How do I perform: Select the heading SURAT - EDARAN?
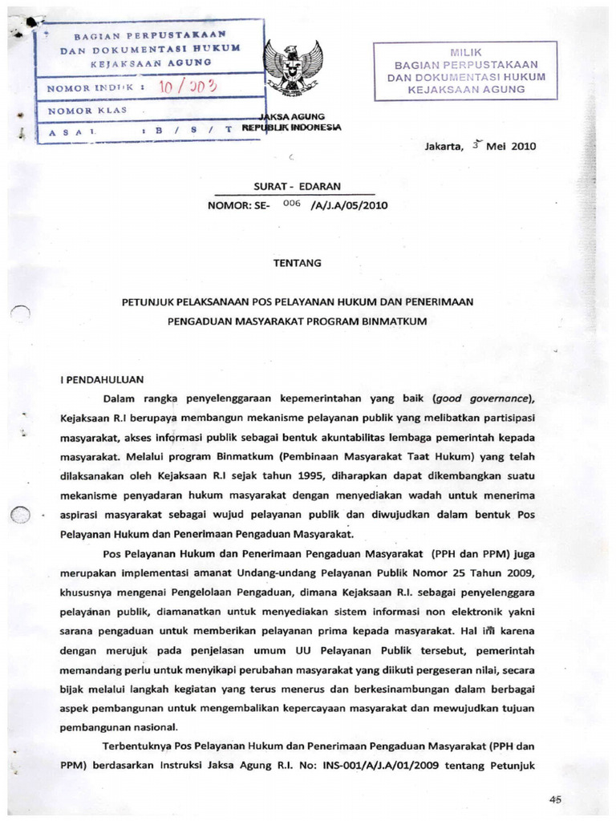pyautogui.click(x=297, y=185)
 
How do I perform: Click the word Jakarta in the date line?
pyautogui.click(x=444, y=147)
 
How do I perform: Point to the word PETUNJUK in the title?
pyautogui.click(x=148, y=302)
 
